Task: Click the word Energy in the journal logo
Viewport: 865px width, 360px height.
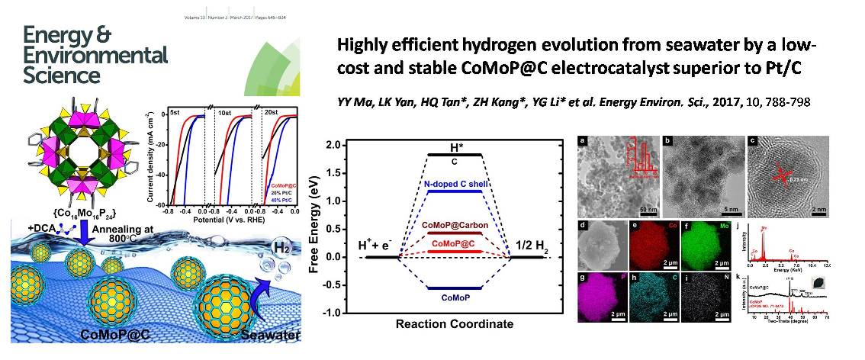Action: tap(55, 37)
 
